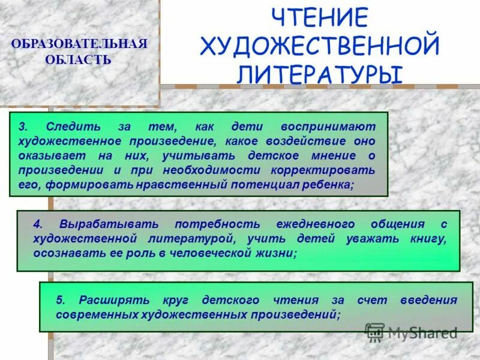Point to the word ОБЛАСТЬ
78,60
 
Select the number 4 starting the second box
37,224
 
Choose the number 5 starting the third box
59,300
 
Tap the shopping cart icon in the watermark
375,332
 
